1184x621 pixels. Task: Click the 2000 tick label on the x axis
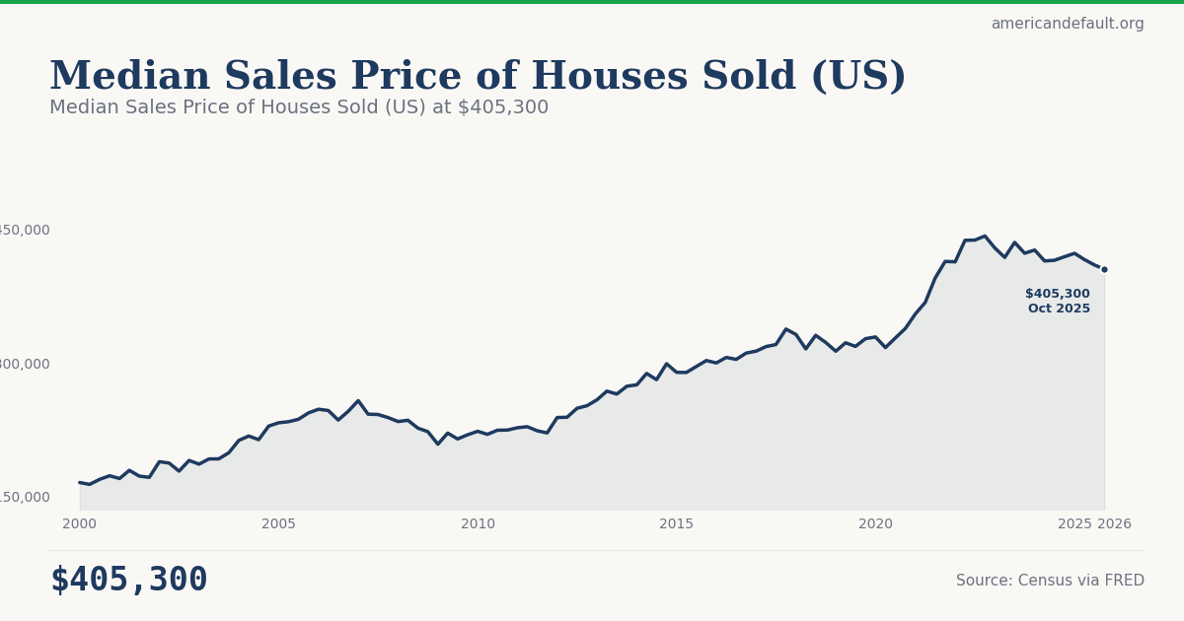pos(80,524)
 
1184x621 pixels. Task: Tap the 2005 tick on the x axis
pos(278,524)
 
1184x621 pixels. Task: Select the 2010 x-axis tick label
pos(478,524)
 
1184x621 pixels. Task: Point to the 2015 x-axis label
pos(677,524)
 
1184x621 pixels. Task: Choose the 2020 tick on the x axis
pos(875,524)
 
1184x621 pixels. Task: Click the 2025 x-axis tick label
pos(1074,524)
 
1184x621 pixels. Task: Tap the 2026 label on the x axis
pos(1114,524)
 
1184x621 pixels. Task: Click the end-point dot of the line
pos(1104,269)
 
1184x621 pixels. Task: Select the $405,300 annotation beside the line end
pos(1057,294)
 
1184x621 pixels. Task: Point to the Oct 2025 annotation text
pos(1059,309)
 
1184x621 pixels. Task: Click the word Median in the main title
pos(129,77)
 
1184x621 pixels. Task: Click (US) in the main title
pos(857,77)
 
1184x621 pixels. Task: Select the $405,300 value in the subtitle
pos(502,107)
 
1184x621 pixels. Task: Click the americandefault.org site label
pos(1068,24)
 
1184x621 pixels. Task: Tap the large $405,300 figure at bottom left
pos(129,580)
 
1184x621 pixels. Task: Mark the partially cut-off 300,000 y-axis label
pos(24,364)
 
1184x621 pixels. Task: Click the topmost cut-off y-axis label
pos(24,230)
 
